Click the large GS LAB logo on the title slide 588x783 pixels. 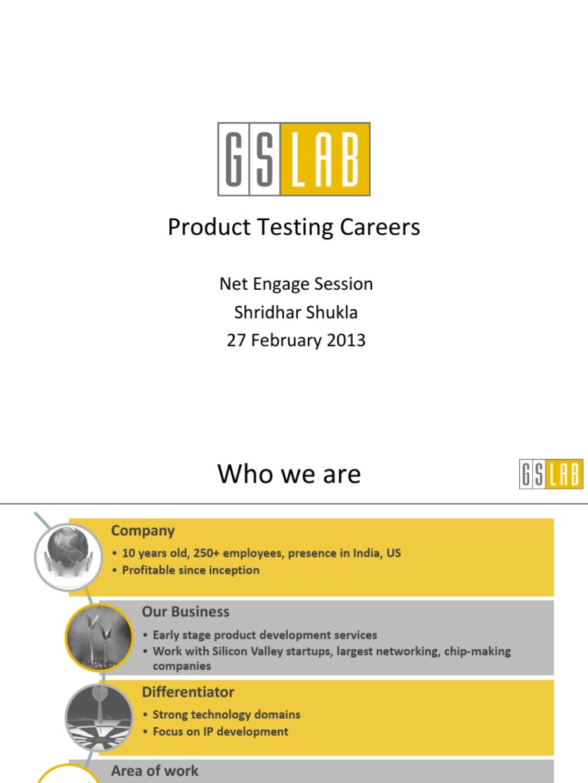tap(294, 159)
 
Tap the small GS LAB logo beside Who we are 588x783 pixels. tap(550, 473)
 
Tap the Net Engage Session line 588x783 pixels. tap(296, 284)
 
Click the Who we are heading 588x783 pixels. tap(289, 474)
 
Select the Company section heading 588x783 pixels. tap(142, 531)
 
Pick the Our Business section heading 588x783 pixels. tap(185, 612)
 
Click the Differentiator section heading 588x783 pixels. tap(188, 692)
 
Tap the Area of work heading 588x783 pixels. tap(155, 771)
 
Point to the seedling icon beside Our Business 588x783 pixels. tap(99, 636)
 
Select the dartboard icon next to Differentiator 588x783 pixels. tap(99, 717)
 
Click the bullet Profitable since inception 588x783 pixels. tap(191, 570)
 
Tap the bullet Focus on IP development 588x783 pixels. tap(220, 732)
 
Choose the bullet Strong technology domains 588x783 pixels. tap(226, 715)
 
